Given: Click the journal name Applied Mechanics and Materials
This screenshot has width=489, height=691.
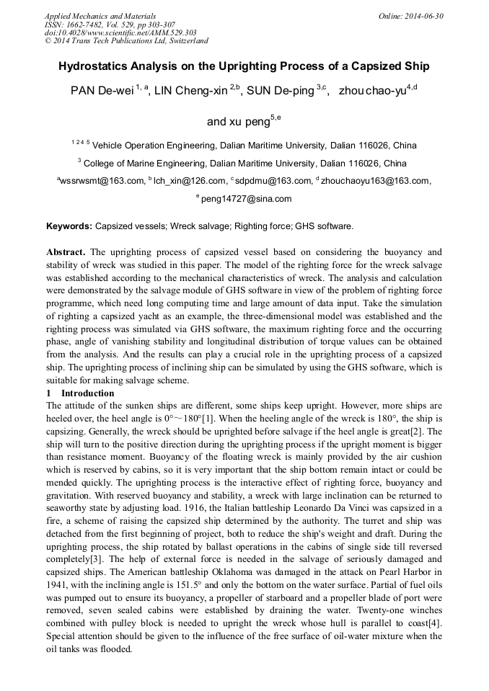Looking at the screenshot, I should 100,16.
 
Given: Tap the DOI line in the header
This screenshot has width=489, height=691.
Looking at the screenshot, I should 120,32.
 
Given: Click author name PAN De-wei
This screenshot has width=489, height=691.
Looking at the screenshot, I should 101,92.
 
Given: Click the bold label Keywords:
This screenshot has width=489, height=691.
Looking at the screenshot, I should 69,226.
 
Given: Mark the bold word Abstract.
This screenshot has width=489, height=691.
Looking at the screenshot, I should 66,252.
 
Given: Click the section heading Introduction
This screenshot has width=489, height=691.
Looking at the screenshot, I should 87,393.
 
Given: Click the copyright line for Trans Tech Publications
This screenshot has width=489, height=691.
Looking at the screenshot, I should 126,41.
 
